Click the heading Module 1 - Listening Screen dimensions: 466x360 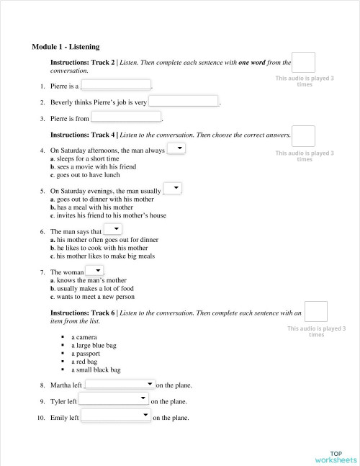coord(66,46)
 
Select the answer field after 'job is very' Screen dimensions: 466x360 coord(183,102)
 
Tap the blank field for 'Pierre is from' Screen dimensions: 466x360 coord(126,117)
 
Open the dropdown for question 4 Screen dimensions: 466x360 coord(176,148)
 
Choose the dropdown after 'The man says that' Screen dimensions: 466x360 coord(112,230)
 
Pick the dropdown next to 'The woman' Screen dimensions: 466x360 coord(94,271)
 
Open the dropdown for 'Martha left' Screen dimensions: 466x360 coord(120,385)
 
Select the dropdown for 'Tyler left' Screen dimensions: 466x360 coord(114,400)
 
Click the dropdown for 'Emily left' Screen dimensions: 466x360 coord(116,416)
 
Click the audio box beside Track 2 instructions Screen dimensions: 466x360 coord(304,63)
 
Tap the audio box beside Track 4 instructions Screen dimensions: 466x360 coord(304,135)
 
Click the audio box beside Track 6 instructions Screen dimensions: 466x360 coord(315,311)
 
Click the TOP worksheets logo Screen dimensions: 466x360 coord(336,457)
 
